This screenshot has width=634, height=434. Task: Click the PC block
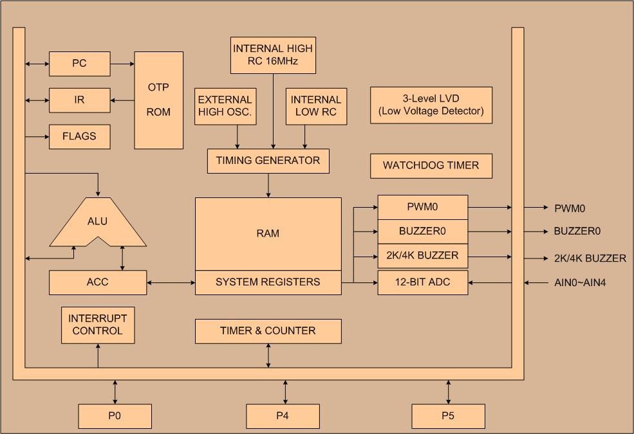[x=79, y=64]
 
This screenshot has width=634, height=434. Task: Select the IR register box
[x=79, y=100]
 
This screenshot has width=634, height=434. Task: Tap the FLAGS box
[x=79, y=136]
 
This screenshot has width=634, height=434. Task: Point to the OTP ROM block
[x=158, y=100]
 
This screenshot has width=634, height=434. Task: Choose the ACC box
[x=98, y=282]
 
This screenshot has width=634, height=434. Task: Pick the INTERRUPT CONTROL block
[x=98, y=325]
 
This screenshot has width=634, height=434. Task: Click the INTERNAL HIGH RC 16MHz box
[x=273, y=55]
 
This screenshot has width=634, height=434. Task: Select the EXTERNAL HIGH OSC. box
[x=225, y=106]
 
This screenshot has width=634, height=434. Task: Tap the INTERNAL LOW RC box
[x=315, y=106]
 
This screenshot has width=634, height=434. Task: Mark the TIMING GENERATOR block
[x=268, y=161]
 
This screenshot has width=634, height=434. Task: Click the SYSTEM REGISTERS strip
[x=268, y=282]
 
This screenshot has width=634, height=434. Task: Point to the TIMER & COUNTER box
[x=268, y=331]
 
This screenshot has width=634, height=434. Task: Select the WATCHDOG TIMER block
[x=431, y=166]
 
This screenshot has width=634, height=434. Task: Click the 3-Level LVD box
[x=431, y=105]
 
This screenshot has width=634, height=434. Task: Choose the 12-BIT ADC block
[x=422, y=282]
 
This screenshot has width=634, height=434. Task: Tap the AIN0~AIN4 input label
[x=581, y=282]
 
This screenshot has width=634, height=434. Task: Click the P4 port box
[x=283, y=416]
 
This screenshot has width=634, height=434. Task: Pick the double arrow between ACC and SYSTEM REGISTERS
[x=171, y=282]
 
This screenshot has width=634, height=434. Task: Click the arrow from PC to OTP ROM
[x=122, y=64]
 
